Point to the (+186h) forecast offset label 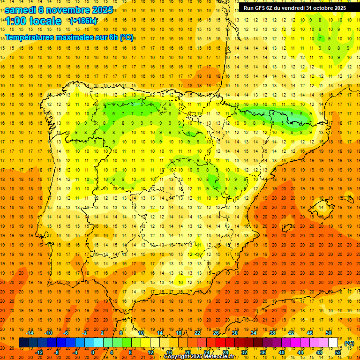(83, 21)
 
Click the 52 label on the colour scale (338, 352)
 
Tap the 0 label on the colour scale (93, 352)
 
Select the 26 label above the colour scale (216, 333)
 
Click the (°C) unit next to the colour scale (349, 343)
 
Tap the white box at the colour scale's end (333, 343)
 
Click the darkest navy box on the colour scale (23, 343)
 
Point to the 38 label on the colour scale (272, 333)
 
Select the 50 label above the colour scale (329, 333)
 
